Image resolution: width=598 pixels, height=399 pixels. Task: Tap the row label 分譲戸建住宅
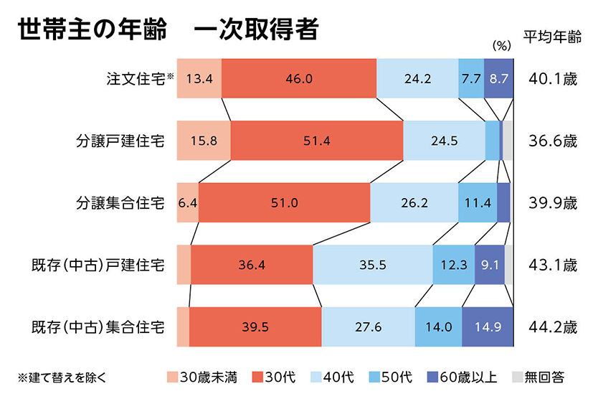pos(121,141)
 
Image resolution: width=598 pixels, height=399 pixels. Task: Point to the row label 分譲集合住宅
pos(121,203)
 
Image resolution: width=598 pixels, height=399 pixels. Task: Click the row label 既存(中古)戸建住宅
pos(98,265)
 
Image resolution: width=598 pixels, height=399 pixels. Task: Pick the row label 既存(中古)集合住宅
pos(98,327)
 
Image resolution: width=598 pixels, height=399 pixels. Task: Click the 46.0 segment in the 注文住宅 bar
pos(299,79)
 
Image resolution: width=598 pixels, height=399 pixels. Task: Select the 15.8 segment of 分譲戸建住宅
pos(204,141)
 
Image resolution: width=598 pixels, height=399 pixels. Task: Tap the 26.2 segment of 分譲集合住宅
pos(414,203)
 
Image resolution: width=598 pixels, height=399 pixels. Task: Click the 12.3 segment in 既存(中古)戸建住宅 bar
pos(453,265)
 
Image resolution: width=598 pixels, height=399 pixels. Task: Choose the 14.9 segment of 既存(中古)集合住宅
pos(488,327)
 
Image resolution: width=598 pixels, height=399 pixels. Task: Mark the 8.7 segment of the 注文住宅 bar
pos(499,79)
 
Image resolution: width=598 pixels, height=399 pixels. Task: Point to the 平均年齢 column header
pos(551,38)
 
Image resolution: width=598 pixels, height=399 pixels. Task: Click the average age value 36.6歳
pos(551,141)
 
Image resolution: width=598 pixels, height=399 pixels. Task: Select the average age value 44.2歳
pos(551,327)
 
